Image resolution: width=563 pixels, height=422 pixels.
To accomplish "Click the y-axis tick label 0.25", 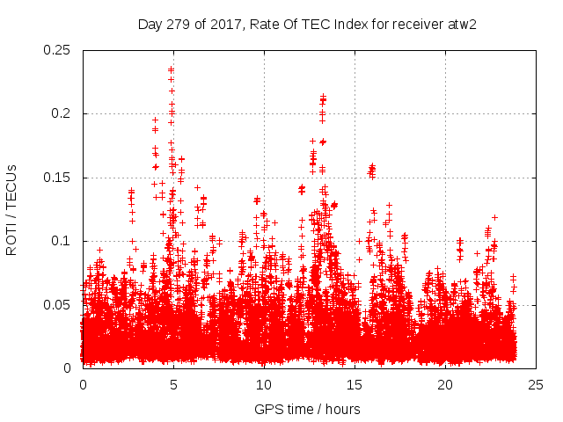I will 58,50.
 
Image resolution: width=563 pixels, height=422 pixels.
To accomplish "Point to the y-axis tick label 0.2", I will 62,114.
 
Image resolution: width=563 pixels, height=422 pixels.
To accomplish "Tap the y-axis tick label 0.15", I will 58,178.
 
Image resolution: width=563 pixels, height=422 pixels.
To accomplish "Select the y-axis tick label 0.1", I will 62,241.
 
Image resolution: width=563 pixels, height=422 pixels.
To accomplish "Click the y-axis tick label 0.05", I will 58,305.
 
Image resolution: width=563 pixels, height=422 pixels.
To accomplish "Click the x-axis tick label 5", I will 173,384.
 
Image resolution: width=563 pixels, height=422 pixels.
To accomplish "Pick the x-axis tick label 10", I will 264,384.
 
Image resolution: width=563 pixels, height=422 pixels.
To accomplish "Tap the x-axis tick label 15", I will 355,384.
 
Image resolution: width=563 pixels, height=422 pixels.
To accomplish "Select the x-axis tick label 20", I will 445,384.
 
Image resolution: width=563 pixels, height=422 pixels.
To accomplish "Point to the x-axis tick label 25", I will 536,384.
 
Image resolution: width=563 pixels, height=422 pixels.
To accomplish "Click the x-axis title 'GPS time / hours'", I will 309,409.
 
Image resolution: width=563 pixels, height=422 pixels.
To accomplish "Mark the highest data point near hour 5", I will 171,69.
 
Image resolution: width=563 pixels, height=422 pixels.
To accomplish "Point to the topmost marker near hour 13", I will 323,96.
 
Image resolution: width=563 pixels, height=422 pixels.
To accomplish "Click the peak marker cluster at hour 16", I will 372,166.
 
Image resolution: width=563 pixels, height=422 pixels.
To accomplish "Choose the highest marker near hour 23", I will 494,216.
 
